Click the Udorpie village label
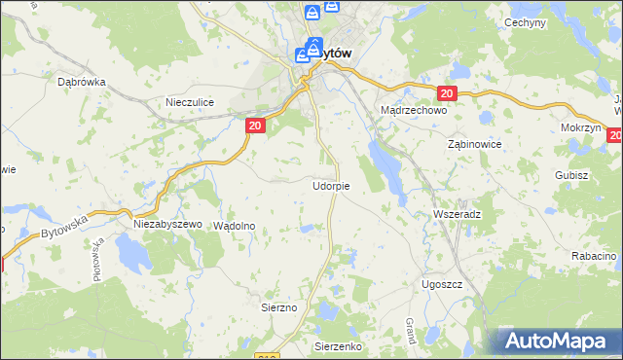[x=331, y=185]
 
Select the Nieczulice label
[x=189, y=101]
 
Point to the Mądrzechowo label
[x=413, y=111]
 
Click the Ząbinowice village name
[x=474, y=143]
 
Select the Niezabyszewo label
[x=166, y=224]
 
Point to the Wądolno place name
[x=234, y=225]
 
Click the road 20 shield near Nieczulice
[x=254, y=126]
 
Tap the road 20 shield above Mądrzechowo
[x=446, y=93]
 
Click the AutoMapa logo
[x=556, y=342]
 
